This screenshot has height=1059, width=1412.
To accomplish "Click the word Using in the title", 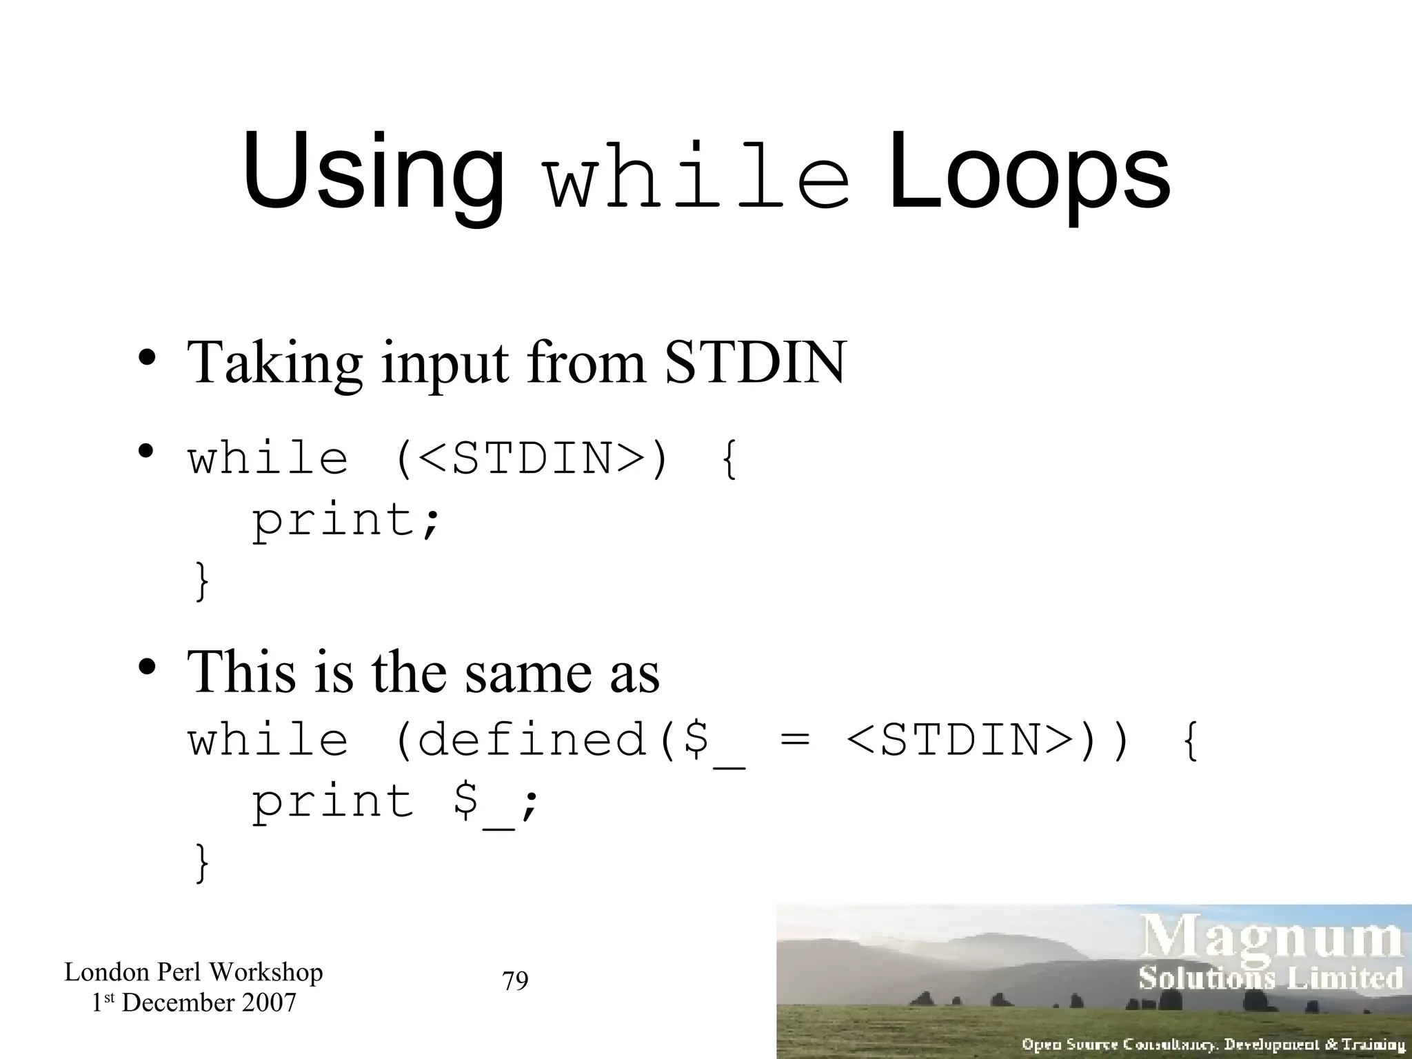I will click(x=373, y=172).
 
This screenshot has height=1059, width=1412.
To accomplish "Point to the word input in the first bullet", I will click(x=445, y=364).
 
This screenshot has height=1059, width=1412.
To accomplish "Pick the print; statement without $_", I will click(x=345, y=521).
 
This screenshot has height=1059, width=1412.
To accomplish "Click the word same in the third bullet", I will click(x=528, y=672).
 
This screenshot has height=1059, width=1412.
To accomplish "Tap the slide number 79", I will click(x=515, y=980).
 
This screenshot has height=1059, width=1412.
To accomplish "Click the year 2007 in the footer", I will click(x=269, y=1002).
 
